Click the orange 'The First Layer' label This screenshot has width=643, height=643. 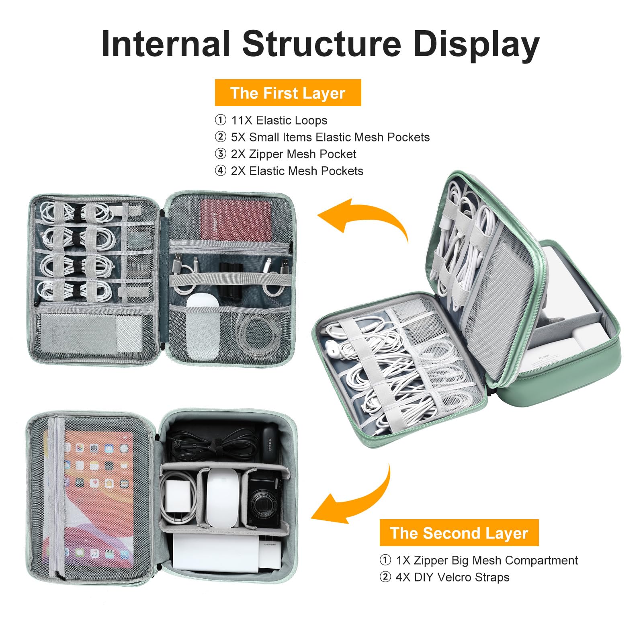288,93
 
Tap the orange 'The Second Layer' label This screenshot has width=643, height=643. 459,533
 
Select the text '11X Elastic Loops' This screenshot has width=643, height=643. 279,120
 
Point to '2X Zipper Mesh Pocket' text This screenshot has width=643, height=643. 293,154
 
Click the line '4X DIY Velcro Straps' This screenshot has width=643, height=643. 453,577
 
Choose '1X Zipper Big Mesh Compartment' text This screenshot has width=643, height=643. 487,560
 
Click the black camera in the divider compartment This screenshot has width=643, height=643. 265,500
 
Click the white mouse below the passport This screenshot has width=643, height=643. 203,326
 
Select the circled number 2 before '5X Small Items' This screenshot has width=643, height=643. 220,137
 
